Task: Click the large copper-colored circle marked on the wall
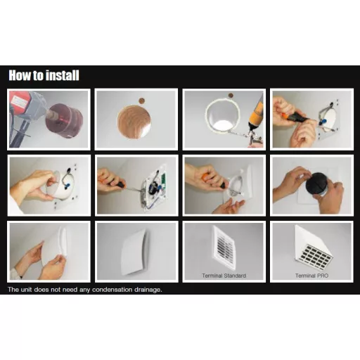(x=134, y=122)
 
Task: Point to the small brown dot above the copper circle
(x=141, y=101)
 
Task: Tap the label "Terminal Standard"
(x=224, y=276)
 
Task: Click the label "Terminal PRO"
(x=311, y=276)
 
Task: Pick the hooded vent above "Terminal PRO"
(x=314, y=248)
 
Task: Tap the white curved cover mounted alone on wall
(x=135, y=252)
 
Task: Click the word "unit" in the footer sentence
(x=26, y=290)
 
